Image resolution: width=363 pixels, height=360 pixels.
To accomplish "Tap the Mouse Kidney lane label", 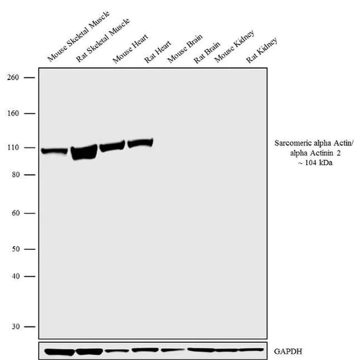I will coord(235,46).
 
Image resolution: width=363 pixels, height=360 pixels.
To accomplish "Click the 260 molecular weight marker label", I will coord(13,77).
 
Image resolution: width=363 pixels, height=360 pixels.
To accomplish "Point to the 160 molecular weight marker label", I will coord(13,113).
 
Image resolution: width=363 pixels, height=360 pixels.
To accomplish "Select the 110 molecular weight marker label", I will coord(13,148).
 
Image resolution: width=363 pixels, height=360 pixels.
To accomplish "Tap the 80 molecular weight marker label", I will coord(15,175).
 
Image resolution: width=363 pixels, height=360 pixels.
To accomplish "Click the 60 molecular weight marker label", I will coord(15,214).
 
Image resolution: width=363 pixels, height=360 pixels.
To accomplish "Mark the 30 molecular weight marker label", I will coord(15,326).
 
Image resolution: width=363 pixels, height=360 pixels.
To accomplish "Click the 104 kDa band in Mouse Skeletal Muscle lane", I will coord(54,151).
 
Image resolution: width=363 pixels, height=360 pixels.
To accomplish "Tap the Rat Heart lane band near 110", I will coord(140,143).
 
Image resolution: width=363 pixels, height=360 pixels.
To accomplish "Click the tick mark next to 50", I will coord(30,249).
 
